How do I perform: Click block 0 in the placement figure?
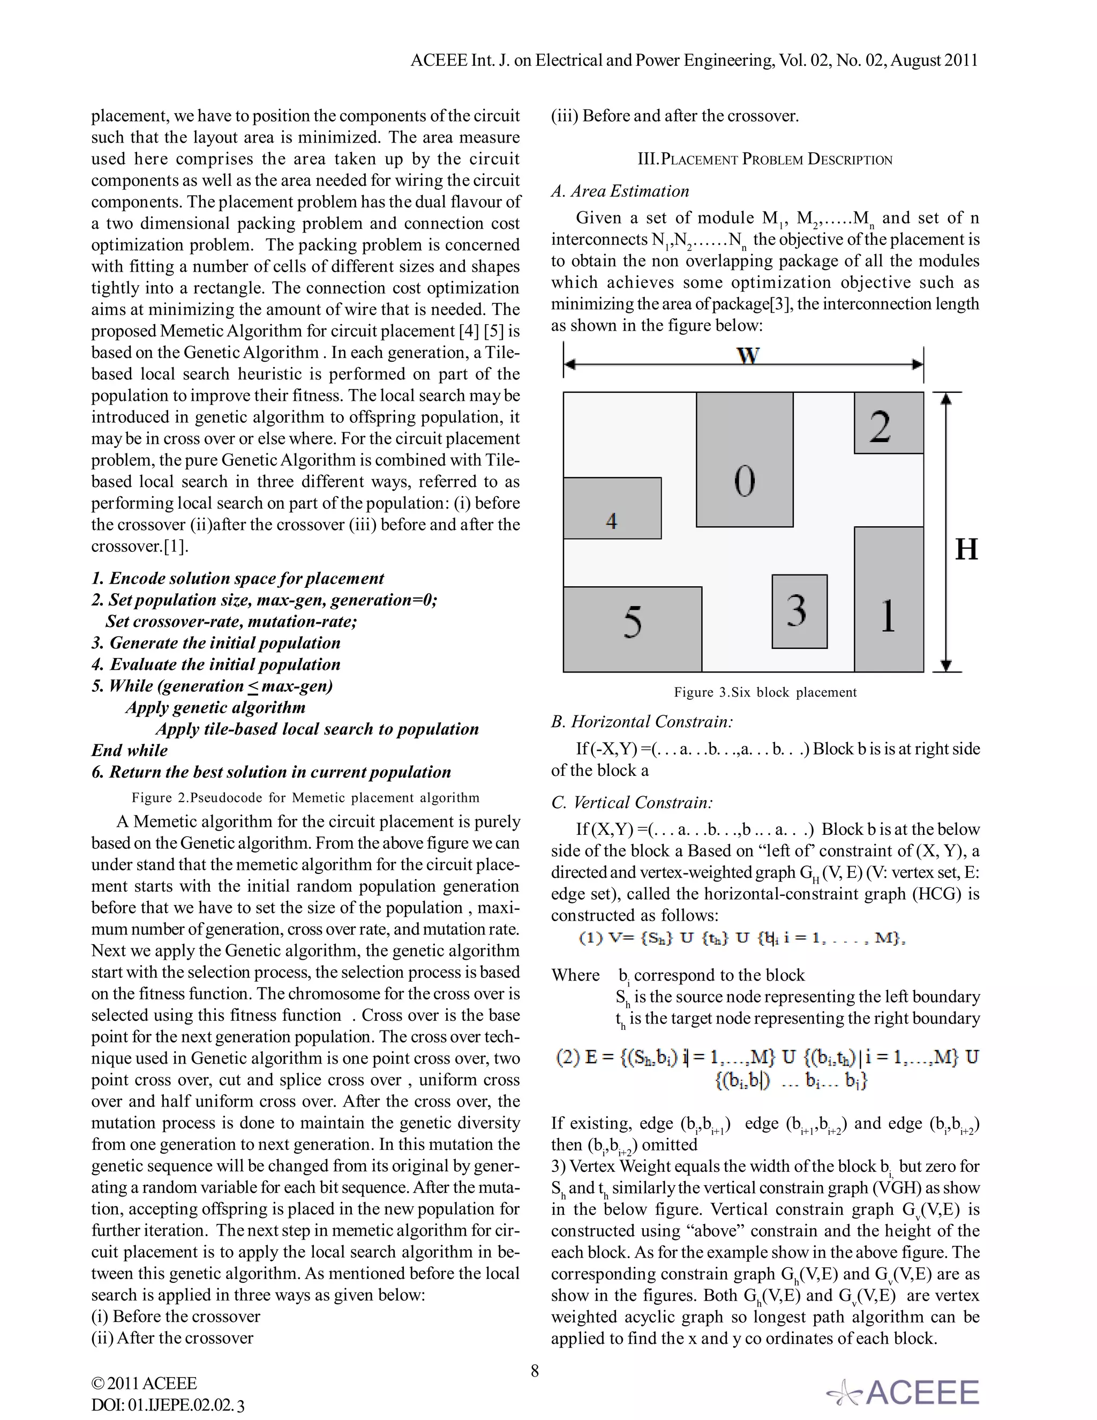pyautogui.click(x=744, y=460)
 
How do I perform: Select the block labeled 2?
pyautogui.click(x=889, y=423)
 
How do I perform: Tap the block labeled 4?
pyautogui.click(x=612, y=509)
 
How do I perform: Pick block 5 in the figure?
pyautogui.click(x=633, y=629)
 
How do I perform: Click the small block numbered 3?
pyautogui.click(x=799, y=611)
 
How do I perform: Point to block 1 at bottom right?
pyautogui.click(x=889, y=599)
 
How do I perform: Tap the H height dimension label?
pyautogui.click(x=966, y=549)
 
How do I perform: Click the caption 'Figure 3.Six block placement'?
pyautogui.click(x=765, y=692)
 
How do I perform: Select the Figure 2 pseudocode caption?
pyautogui.click(x=305, y=798)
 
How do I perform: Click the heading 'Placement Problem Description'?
pyautogui.click(x=765, y=160)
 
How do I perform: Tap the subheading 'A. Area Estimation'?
pyautogui.click(x=620, y=191)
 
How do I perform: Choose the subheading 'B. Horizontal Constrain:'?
pyautogui.click(x=642, y=722)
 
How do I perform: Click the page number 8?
pyautogui.click(x=535, y=1371)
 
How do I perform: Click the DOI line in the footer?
pyautogui.click(x=168, y=1405)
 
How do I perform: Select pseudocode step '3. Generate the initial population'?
pyautogui.click(x=216, y=643)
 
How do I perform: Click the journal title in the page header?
pyautogui.click(x=694, y=61)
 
